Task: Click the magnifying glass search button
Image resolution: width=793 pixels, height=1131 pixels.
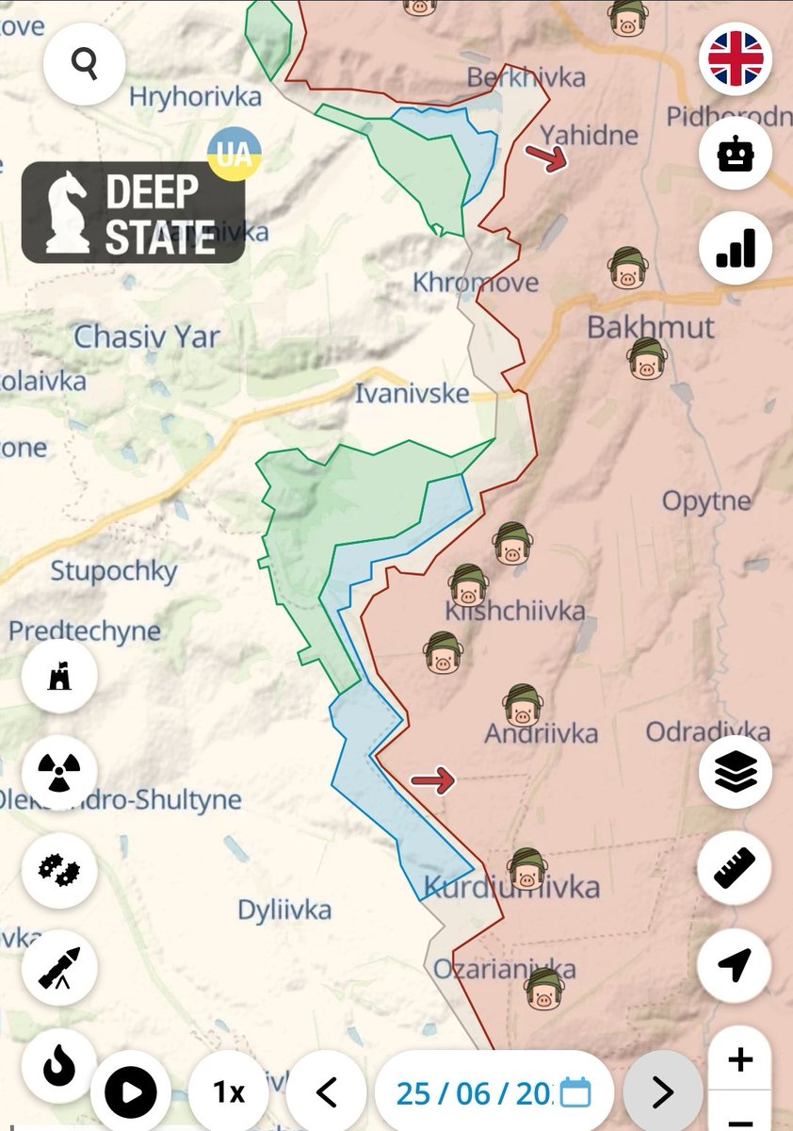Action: [x=85, y=64]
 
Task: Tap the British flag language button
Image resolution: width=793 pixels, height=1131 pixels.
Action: [x=736, y=58]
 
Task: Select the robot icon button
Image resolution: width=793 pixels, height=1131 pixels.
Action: [x=736, y=155]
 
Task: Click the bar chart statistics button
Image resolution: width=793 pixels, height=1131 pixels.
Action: [x=736, y=249]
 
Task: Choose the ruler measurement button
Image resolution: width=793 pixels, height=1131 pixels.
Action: [x=736, y=869]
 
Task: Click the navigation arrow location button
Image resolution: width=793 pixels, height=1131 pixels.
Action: [x=736, y=964]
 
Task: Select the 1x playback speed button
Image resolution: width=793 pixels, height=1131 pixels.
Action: [x=228, y=1092]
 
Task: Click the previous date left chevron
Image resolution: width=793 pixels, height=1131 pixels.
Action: [x=326, y=1092]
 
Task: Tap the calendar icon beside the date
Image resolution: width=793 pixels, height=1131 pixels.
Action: [x=575, y=1093]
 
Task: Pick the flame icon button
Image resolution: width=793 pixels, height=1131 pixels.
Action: [x=58, y=1065]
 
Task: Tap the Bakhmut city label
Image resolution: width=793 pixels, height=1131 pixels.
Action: [x=650, y=328]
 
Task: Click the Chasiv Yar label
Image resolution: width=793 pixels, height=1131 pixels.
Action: [x=146, y=336]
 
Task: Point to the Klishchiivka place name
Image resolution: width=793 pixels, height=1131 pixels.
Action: [x=516, y=612]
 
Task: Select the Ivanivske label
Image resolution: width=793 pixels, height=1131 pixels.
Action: [x=412, y=393]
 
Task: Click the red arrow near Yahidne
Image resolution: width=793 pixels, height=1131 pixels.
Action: [x=546, y=157]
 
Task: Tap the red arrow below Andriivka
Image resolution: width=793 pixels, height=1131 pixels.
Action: [x=433, y=779]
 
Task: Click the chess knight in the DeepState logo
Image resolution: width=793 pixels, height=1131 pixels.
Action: [x=68, y=212]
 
